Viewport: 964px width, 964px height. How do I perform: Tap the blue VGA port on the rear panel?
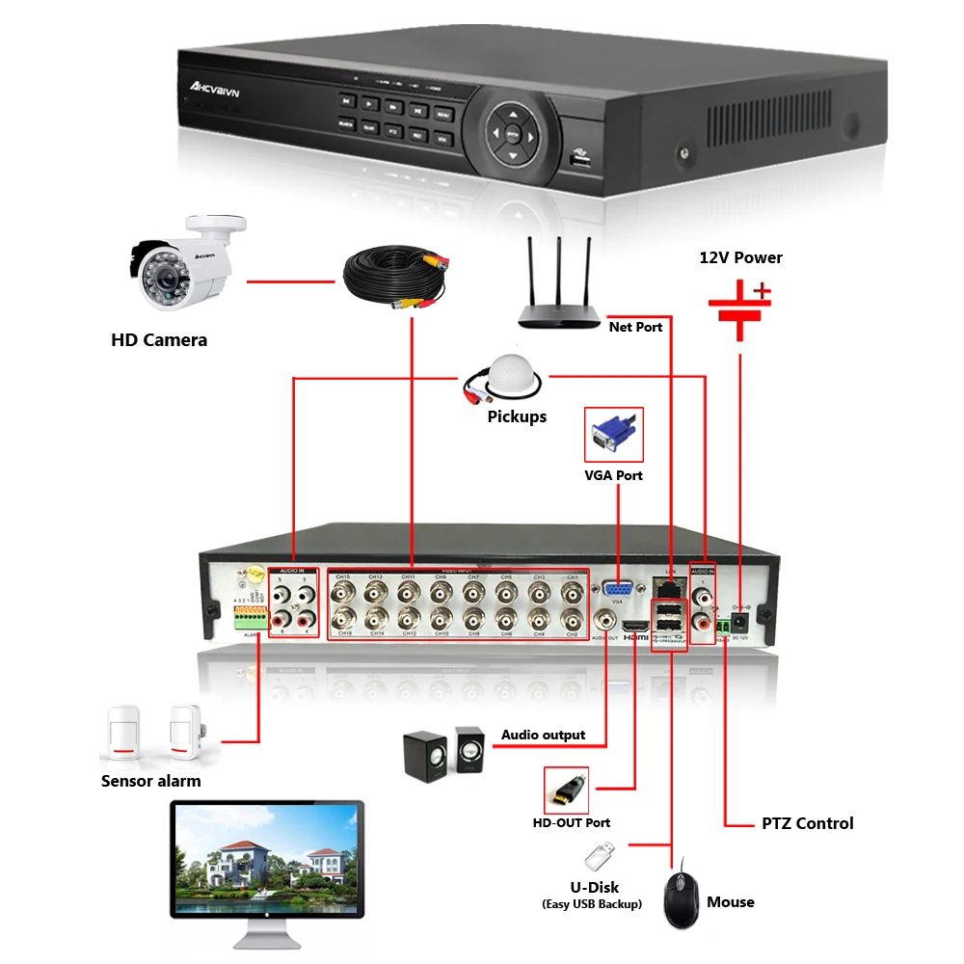coord(617,590)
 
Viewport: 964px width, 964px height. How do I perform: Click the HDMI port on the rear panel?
coord(635,625)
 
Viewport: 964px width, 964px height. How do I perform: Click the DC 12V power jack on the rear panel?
coord(740,620)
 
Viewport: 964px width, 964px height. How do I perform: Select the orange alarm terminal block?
coord(249,614)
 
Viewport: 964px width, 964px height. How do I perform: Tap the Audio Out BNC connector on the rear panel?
coord(605,619)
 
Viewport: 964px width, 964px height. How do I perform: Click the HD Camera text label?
coord(159,339)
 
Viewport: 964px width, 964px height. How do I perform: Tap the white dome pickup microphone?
coord(505,381)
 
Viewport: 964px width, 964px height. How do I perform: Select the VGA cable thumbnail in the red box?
coord(614,435)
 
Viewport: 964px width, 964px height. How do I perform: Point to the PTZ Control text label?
coord(807,823)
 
